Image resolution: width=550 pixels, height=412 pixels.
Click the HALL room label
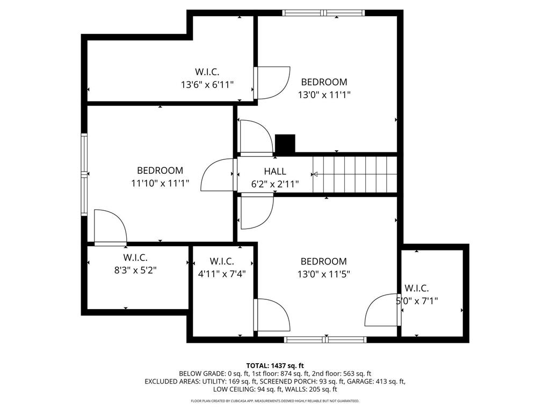[275, 172]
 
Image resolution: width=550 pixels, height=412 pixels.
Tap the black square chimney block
[285, 144]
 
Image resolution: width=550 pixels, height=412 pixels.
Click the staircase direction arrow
[315, 174]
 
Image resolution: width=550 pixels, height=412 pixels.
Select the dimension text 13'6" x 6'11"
[207, 84]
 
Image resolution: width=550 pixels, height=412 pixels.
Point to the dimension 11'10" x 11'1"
[160, 183]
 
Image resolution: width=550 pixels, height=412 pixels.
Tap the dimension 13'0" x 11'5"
[323, 274]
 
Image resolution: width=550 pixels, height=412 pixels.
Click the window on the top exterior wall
[324, 13]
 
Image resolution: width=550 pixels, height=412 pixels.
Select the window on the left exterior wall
[84, 174]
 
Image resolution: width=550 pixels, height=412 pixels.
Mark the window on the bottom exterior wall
[325, 339]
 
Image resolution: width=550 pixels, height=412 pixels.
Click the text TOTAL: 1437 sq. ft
[275, 365]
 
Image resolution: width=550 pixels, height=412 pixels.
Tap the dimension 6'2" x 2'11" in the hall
[275, 184]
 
